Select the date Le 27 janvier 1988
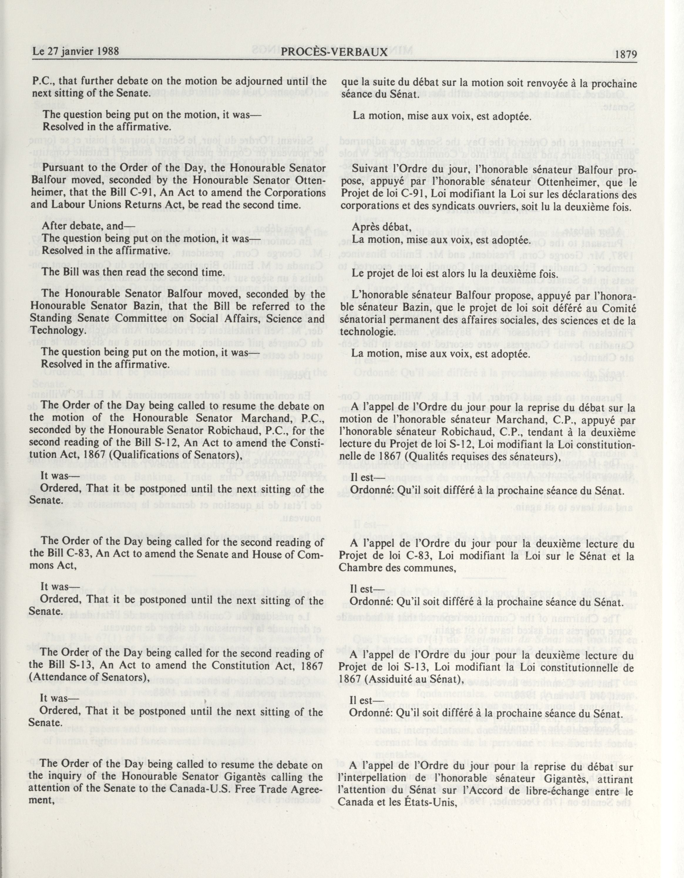(x=76, y=51)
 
